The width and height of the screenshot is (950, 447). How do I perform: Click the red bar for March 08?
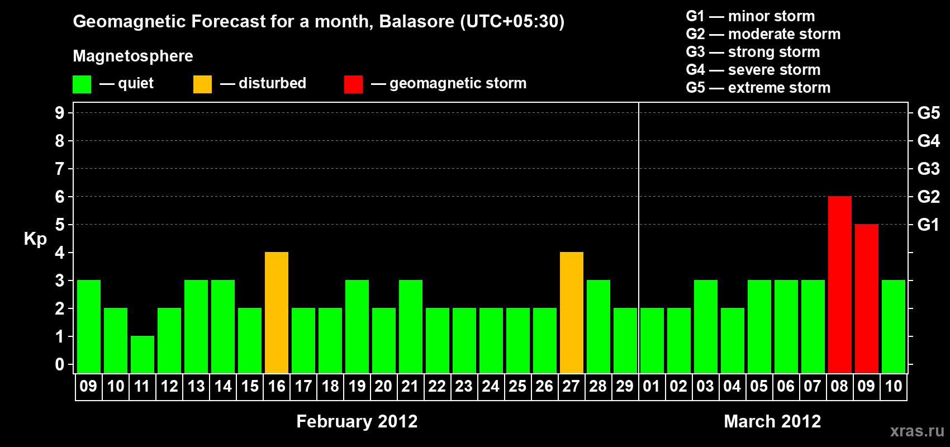tap(840, 284)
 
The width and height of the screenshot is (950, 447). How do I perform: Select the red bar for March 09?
tap(866, 298)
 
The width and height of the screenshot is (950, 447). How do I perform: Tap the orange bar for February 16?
tap(277, 312)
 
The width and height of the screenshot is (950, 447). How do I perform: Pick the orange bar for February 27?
tap(572, 312)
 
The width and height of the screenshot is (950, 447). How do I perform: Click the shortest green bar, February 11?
tap(142, 355)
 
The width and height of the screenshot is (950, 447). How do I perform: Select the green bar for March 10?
tap(894, 326)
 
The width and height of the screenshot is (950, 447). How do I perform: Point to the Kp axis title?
tap(35, 239)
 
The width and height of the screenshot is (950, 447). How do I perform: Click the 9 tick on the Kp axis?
tap(59, 113)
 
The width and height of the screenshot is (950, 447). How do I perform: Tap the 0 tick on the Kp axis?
tap(59, 365)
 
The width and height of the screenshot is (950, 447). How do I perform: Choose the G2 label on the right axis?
tap(929, 197)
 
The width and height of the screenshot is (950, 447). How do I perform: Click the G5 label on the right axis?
tap(929, 113)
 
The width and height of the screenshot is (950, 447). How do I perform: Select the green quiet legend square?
tap(82, 84)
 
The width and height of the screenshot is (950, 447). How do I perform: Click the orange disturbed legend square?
tap(202, 84)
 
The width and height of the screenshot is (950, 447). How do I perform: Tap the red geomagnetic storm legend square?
tap(354, 84)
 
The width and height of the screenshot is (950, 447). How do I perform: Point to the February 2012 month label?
tap(357, 421)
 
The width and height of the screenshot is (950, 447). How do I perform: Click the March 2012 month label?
tap(772, 421)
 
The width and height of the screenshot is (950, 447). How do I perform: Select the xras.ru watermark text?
tap(918, 431)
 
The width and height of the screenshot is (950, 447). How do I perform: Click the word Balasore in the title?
tap(417, 21)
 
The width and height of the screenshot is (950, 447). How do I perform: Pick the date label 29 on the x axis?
tap(625, 386)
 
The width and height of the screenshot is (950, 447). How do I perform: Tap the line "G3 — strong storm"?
tap(753, 52)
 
